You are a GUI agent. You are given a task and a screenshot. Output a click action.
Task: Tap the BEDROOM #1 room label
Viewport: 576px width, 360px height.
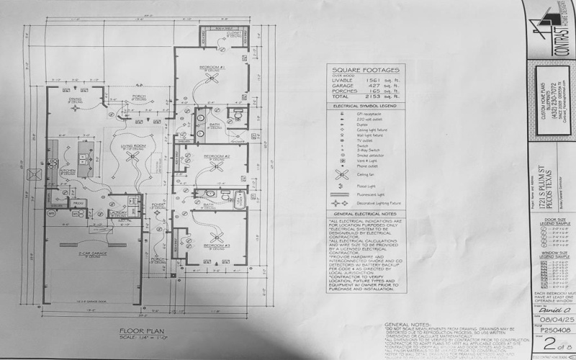[213, 66]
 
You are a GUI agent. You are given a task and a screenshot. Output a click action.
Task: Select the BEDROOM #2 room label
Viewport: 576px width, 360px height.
[216, 156]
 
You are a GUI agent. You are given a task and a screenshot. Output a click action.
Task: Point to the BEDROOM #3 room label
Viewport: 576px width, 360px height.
[216, 246]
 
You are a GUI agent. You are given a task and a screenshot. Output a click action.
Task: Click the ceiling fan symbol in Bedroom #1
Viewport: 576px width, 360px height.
[214, 79]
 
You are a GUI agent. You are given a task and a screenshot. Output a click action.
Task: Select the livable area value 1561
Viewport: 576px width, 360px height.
[369, 81]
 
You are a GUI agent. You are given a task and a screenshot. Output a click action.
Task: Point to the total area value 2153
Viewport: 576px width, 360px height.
[369, 98]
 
